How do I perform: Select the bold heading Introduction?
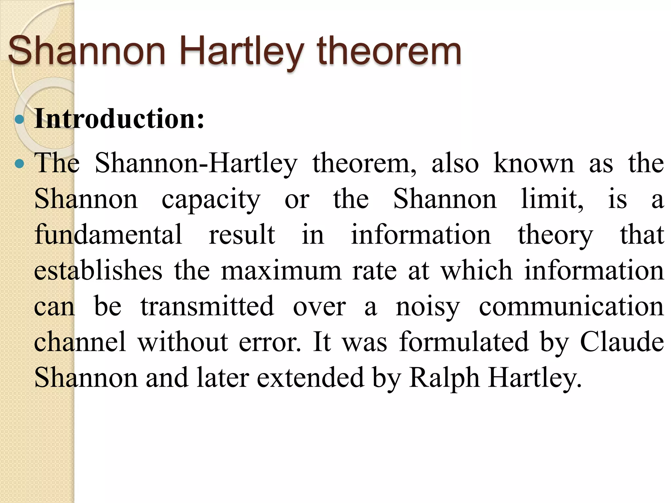(x=119, y=119)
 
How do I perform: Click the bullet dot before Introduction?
(x=20, y=120)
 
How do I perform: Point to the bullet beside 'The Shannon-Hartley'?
(x=20, y=163)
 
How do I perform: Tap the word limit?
(x=552, y=199)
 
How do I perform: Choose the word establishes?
(x=98, y=270)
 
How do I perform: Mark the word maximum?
(x=281, y=271)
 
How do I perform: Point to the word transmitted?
(x=207, y=306)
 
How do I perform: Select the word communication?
(x=571, y=307)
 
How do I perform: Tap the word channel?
(x=80, y=342)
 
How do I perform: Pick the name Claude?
(x=622, y=342)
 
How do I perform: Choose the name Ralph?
(x=444, y=378)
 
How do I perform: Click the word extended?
(x=310, y=378)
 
